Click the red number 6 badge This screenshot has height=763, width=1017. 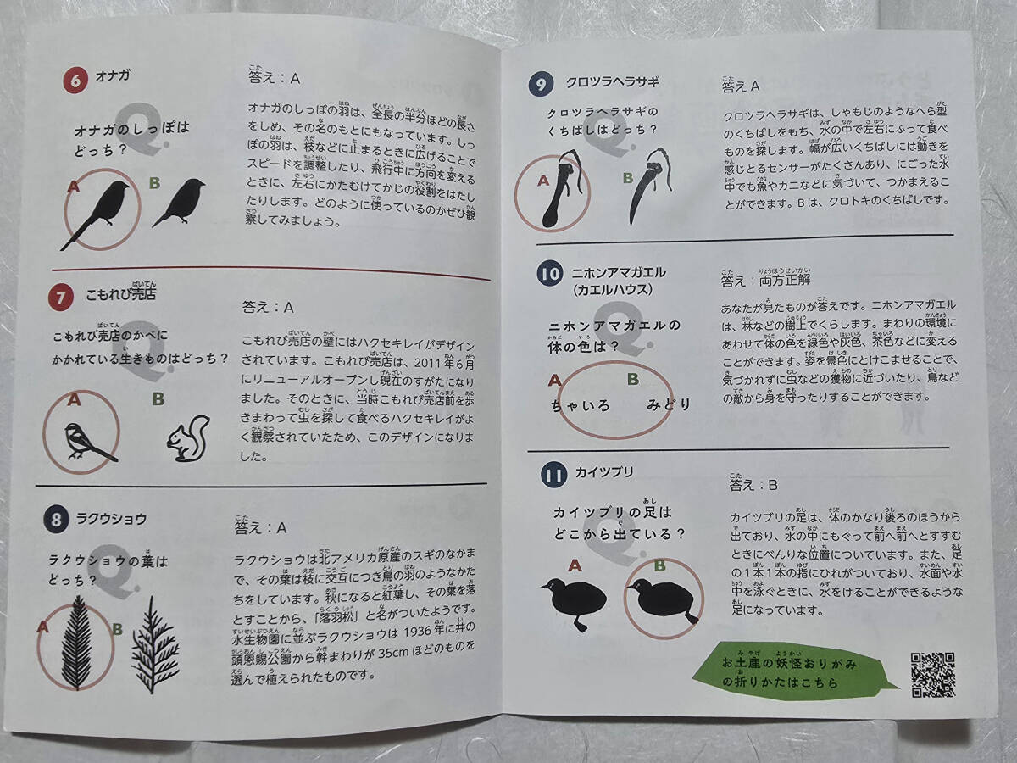click(x=75, y=81)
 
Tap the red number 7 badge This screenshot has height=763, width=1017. click(x=61, y=298)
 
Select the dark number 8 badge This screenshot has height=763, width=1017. click(x=56, y=520)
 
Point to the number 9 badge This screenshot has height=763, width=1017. click(x=542, y=84)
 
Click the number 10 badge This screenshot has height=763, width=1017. click(x=549, y=274)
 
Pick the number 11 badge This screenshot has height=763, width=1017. click(x=553, y=476)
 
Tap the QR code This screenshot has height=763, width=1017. click(x=933, y=675)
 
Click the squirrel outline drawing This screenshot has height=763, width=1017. click(x=189, y=438)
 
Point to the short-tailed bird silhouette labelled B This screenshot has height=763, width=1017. click(x=179, y=203)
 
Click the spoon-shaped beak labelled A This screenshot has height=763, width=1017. click(x=562, y=188)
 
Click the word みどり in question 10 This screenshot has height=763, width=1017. click(x=669, y=405)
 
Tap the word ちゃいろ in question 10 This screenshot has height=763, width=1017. click(x=580, y=406)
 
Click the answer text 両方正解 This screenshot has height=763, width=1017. click(x=785, y=281)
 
